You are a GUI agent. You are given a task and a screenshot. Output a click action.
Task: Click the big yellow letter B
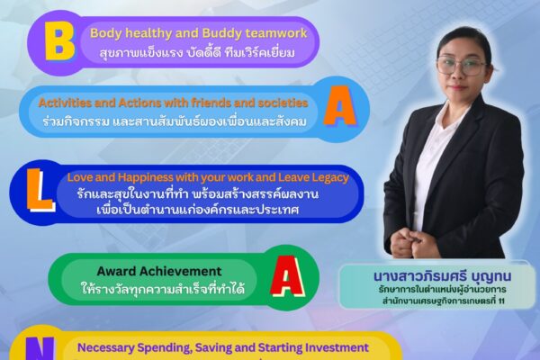click(59, 43)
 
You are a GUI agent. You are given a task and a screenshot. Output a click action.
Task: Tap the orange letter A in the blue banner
click(340, 106)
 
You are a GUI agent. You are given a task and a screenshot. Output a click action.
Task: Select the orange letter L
click(40, 190)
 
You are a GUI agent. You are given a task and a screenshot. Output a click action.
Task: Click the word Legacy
click(330, 178)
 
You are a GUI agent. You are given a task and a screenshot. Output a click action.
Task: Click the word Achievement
click(184, 272)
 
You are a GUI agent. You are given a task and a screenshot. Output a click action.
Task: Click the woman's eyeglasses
click(462, 66)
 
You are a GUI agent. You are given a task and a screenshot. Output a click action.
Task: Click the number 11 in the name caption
click(501, 301)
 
